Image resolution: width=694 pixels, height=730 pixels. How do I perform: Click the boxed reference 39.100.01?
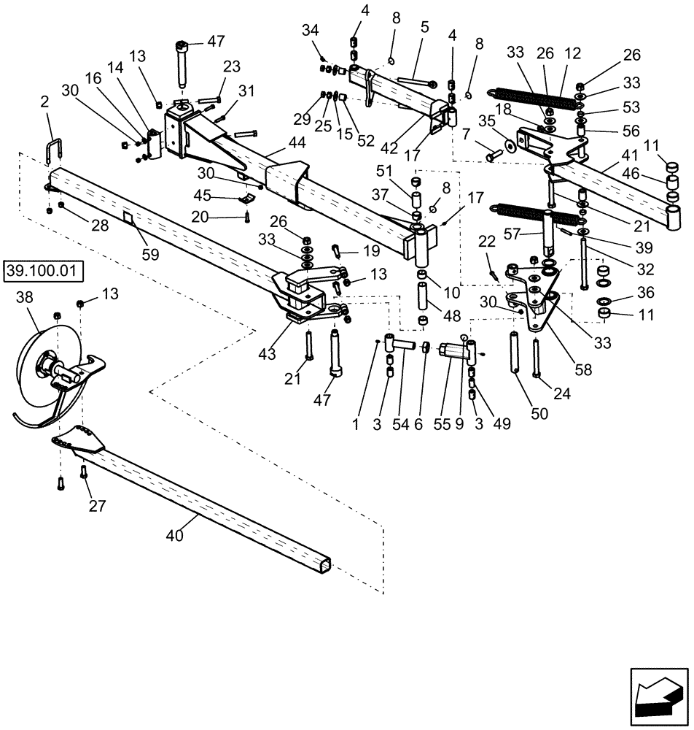(44, 272)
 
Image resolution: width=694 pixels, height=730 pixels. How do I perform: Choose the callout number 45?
(203, 195)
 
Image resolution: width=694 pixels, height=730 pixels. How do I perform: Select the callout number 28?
(99, 226)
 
